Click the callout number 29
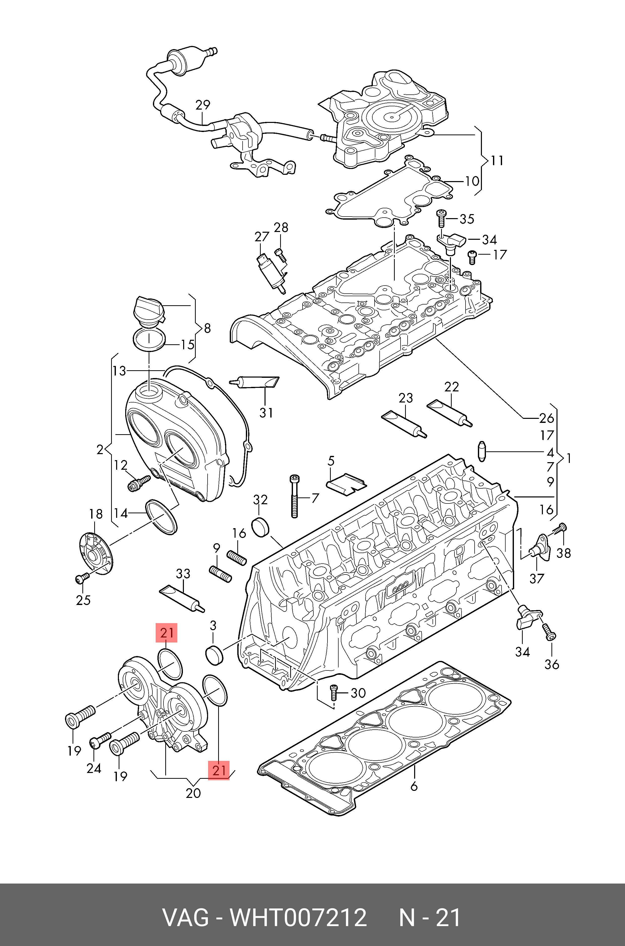[203, 105]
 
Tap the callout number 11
[497, 161]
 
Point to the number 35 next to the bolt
[467, 219]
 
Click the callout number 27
[262, 237]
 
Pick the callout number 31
[266, 413]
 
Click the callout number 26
[547, 418]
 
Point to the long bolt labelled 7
[294, 496]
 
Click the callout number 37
[537, 578]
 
